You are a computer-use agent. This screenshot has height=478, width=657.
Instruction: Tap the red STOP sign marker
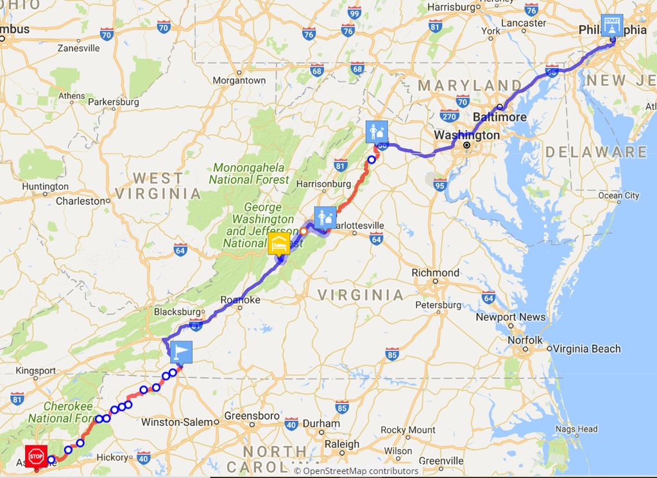click(x=36, y=456)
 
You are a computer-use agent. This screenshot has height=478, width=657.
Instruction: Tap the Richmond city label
click(x=435, y=272)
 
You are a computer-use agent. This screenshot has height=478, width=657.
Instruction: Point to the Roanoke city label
click(x=240, y=300)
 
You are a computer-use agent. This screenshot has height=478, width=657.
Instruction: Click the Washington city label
click(x=466, y=136)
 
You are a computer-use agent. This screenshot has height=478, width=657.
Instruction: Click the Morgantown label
click(x=239, y=80)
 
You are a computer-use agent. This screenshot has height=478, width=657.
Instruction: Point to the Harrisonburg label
click(x=324, y=184)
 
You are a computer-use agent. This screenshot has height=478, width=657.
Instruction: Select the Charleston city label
click(x=80, y=200)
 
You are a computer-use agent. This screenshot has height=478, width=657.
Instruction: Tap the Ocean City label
click(x=619, y=195)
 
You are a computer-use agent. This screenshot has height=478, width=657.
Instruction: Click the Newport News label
click(x=510, y=317)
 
